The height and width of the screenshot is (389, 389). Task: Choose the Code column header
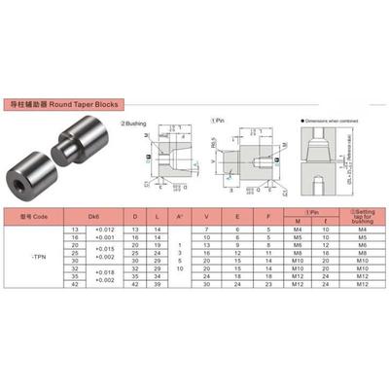[x=37, y=216]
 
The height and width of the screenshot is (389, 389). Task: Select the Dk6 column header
[x=94, y=216]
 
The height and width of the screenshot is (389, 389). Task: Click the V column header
[x=207, y=216]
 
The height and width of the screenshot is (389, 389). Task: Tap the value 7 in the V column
[x=207, y=229]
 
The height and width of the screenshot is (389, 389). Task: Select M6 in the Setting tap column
[x=360, y=246]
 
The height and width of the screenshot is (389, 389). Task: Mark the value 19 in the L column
[x=158, y=246]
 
